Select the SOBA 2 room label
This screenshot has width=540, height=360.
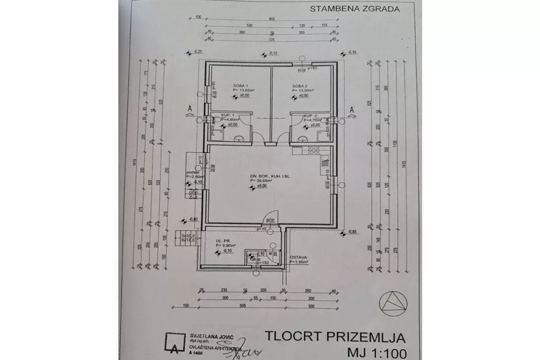pyautogui.click(x=300, y=85)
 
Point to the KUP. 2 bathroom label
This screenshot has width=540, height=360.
pyautogui.click(x=311, y=115)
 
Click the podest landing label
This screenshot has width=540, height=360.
pyautogui.click(x=191, y=172)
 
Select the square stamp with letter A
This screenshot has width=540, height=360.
pyautogui.click(x=175, y=342)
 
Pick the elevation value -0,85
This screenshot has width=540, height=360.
pyautogui.click(x=351, y=232)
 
